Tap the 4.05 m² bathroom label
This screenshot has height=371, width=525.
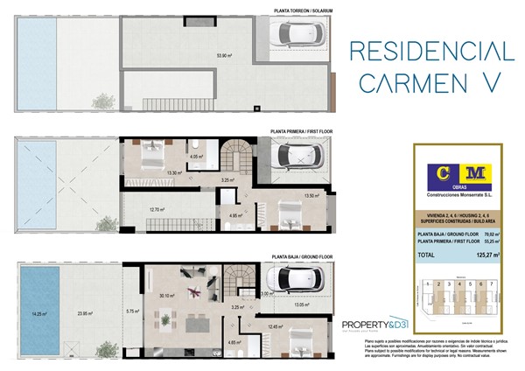(x=197, y=157)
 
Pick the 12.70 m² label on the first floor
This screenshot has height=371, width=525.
(x=158, y=209)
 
